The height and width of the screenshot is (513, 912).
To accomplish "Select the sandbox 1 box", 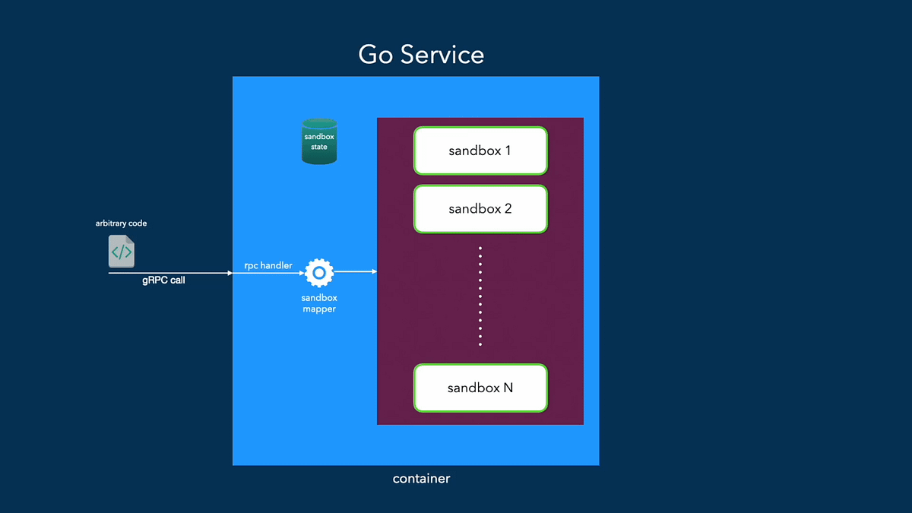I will pyautogui.click(x=480, y=150).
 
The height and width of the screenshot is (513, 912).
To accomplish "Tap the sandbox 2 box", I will pyautogui.click(x=480, y=209).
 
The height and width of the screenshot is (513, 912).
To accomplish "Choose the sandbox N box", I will pyautogui.click(x=480, y=388).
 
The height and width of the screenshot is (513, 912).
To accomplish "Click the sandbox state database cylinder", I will pyautogui.click(x=319, y=141).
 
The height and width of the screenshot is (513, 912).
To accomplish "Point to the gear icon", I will pyautogui.click(x=319, y=271).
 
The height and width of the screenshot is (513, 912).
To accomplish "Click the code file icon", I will pyautogui.click(x=122, y=251).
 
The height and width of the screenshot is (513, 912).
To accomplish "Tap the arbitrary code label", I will pyautogui.click(x=121, y=223).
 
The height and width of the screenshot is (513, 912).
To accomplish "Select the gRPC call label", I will pyautogui.click(x=163, y=280).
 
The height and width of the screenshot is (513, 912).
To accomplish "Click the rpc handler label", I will pyautogui.click(x=268, y=265).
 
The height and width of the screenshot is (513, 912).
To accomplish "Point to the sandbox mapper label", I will pyautogui.click(x=319, y=304).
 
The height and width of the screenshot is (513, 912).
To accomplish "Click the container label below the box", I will pyautogui.click(x=421, y=479).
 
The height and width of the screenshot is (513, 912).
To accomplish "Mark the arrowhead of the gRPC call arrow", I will pyautogui.click(x=230, y=272).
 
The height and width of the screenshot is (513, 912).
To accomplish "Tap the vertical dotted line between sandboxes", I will pyautogui.click(x=480, y=296).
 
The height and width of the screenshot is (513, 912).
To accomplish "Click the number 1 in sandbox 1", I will pyautogui.click(x=507, y=150).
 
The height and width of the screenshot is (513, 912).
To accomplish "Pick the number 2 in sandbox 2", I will pyautogui.click(x=507, y=209).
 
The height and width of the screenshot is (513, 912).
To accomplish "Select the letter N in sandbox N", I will pyautogui.click(x=508, y=388).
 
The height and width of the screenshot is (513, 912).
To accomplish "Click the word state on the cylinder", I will pyautogui.click(x=319, y=147).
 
